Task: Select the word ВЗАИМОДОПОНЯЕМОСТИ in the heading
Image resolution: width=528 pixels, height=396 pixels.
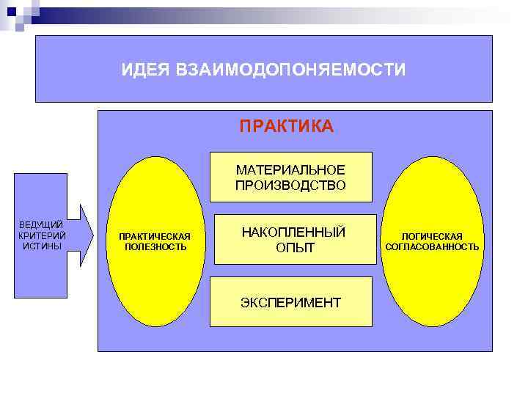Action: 290,70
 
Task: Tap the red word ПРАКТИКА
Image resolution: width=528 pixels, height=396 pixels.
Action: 286,127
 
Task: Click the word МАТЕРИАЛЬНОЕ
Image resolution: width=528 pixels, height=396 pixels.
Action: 290,170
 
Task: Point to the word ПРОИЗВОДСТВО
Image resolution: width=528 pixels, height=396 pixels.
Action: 290,186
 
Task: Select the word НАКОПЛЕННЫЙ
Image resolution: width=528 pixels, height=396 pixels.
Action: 293,232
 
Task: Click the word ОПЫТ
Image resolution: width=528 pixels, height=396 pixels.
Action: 295,249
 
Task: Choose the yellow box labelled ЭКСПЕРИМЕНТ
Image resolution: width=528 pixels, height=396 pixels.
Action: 290,302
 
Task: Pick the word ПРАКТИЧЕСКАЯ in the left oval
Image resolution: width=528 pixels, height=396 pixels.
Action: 155,236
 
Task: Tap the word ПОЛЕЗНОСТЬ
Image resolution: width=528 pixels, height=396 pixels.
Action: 155,247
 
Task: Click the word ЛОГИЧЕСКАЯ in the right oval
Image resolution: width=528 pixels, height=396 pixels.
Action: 431,236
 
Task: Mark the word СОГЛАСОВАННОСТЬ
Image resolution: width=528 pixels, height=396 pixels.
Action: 432,247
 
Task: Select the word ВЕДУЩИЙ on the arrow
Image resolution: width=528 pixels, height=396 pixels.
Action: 41,224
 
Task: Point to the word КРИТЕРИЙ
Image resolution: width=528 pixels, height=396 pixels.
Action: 41,235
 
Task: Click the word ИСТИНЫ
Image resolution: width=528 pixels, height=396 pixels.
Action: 41,246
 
